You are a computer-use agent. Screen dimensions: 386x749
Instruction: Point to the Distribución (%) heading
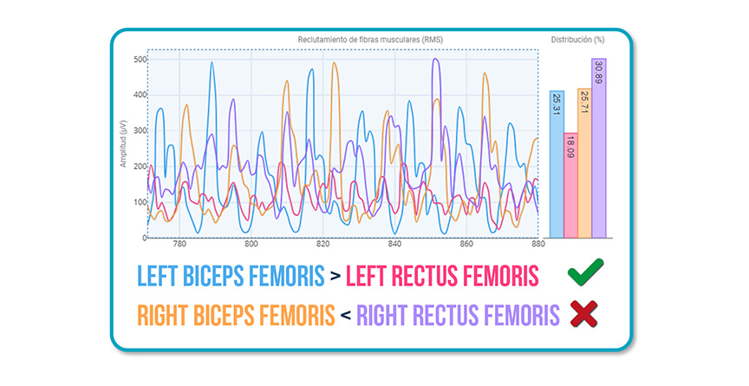pyautogui.click(x=578, y=40)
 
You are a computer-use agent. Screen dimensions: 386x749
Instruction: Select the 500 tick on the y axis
pyautogui.click(x=140, y=60)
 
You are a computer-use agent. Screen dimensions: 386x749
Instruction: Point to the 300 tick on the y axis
pyautogui.click(x=140, y=131)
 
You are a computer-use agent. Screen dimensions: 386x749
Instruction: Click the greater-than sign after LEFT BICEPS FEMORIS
pyautogui.click(x=334, y=277)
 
